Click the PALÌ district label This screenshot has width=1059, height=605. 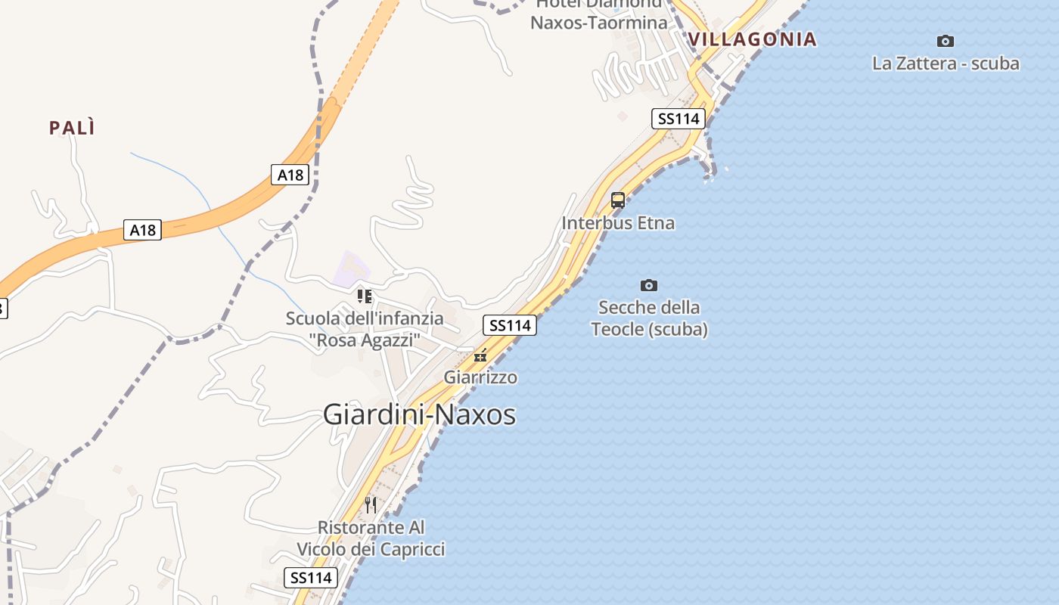tap(73, 128)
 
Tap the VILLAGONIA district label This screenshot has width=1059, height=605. tap(752, 39)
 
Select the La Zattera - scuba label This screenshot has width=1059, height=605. tap(946, 64)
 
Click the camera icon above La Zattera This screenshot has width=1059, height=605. tap(945, 41)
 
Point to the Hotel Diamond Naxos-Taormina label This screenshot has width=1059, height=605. tap(599, 15)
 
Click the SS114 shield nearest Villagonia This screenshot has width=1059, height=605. tap(678, 118)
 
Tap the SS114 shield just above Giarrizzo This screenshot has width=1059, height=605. tap(510, 325)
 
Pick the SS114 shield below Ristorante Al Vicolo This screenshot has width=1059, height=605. tap(310, 578)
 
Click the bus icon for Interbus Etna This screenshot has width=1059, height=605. tap(618, 200)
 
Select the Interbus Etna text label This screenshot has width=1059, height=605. tap(618, 223)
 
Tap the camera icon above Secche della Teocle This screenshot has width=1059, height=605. tap(648, 285)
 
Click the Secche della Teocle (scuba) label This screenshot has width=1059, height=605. tap(649, 318)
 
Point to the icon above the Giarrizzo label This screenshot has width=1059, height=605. tap(480, 355)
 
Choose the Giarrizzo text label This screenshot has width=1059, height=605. tap(480, 377)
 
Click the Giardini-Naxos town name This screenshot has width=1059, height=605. tap(419, 414)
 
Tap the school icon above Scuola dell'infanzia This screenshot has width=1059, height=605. tap(365, 296)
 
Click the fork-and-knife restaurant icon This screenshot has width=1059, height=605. tap(371, 504)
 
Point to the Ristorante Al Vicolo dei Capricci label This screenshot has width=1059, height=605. tap(371, 538)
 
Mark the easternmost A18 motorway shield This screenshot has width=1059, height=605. tap(290, 175)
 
